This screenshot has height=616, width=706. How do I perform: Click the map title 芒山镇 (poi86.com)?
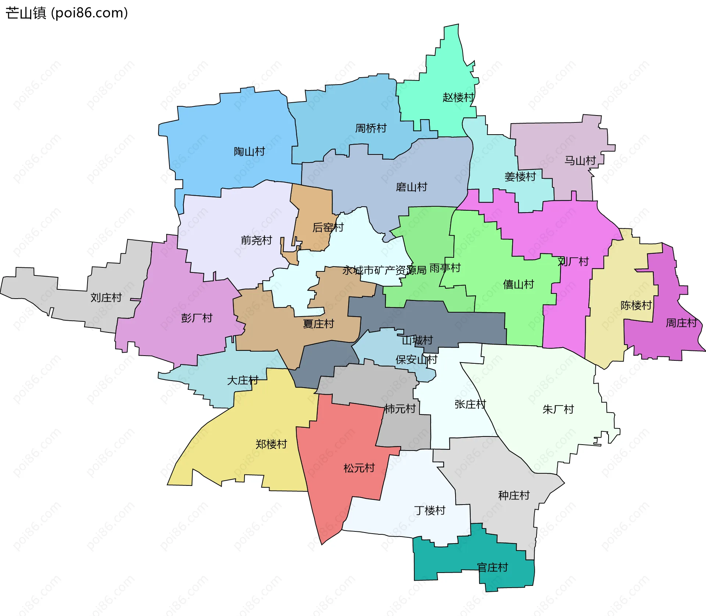67,13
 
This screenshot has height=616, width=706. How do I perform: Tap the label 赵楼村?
458,97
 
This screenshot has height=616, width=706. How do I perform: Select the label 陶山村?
249,152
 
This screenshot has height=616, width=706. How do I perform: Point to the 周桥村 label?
371,128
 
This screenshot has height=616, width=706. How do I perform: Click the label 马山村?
580,161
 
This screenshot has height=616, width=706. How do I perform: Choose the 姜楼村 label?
520,177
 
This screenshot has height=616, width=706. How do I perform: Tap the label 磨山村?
411,187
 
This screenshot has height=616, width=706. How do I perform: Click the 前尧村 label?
256,241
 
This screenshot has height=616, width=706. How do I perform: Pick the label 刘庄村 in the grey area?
106,298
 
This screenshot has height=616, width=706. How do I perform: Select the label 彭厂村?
197,318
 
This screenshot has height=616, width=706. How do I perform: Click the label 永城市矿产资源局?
384,271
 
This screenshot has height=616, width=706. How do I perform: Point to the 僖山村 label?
518,284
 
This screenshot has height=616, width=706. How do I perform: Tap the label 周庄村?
681,323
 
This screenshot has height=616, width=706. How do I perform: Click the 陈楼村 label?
636,305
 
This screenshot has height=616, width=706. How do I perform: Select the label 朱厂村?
558,409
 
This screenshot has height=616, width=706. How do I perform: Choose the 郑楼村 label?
271,444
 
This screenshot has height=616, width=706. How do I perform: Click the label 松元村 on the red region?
359,468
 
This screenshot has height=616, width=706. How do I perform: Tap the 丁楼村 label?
429,510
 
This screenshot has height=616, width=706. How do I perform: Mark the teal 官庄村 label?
492,567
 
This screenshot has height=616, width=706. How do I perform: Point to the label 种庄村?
514,495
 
